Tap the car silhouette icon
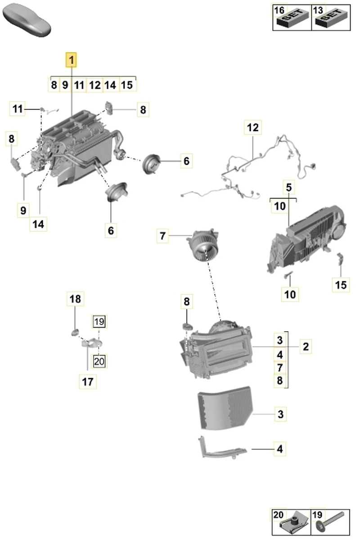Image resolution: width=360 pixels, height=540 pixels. (27, 20)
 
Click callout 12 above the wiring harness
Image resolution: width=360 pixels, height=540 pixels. (253, 128)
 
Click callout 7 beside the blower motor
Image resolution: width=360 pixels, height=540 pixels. (163, 235)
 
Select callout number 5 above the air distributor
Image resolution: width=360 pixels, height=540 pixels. (288, 186)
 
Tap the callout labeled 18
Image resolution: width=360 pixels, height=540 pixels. (76, 298)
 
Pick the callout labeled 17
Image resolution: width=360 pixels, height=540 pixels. (87, 382)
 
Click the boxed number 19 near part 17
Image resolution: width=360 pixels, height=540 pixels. (99, 321)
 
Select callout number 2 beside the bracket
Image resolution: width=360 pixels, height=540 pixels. (306, 346)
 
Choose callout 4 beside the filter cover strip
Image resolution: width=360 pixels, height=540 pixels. (280, 449)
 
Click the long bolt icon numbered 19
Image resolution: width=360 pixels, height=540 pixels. (331, 522)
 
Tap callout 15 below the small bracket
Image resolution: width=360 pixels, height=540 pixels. (341, 284)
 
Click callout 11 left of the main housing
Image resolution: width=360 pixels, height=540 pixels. (17, 109)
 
